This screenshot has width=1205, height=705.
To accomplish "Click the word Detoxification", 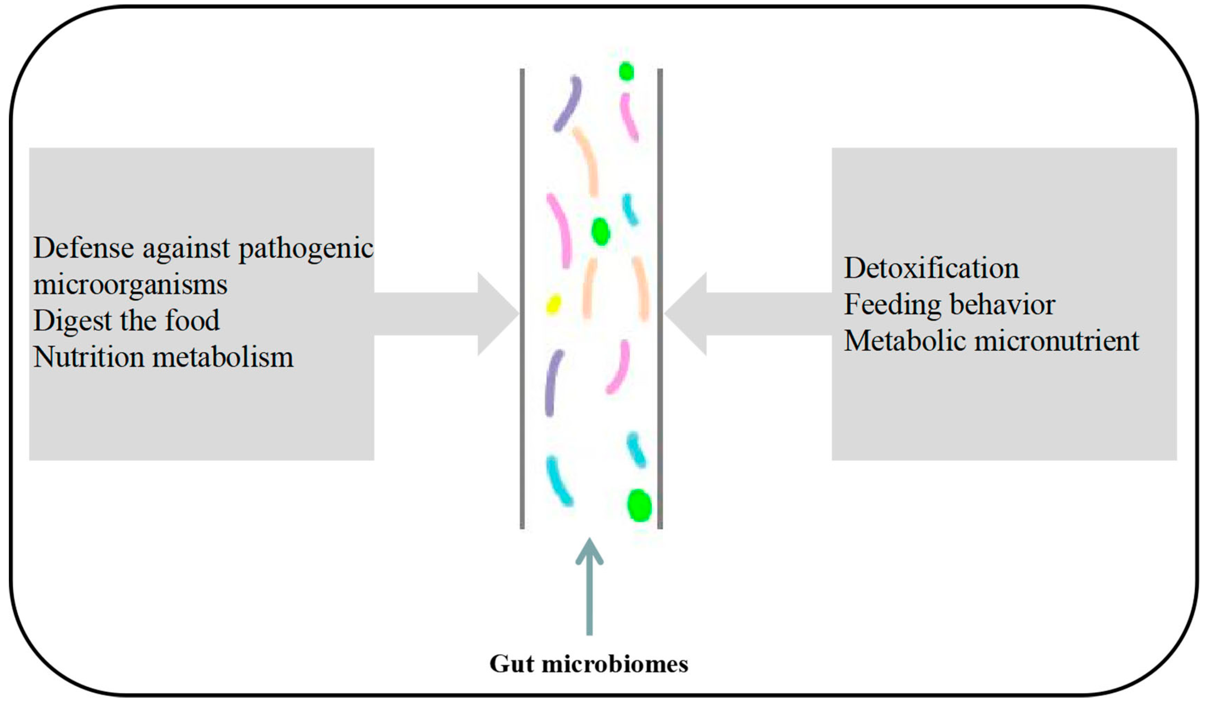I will click(931, 268).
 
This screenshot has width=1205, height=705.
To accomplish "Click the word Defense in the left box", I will click(84, 248).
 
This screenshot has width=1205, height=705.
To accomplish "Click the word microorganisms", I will click(130, 285).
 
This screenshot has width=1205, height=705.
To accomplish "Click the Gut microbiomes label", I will click(588, 664).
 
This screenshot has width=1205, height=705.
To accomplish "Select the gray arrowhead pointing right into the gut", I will click(497, 314).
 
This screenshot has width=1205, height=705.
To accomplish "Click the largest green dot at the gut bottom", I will click(639, 505).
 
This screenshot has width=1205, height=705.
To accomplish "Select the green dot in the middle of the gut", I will click(600, 231).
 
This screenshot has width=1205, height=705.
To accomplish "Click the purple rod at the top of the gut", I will click(568, 103).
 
